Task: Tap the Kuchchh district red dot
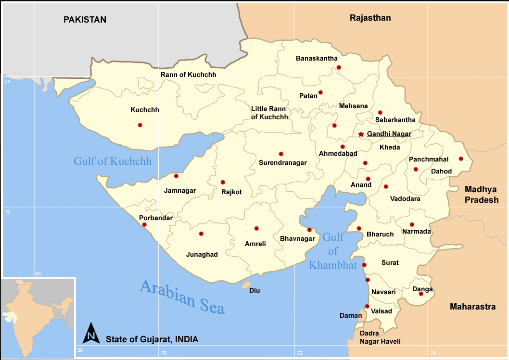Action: tap(140, 125)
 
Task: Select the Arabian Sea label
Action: tap(182, 297)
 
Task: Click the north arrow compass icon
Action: tap(91, 333)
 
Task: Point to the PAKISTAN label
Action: tap(85, 20)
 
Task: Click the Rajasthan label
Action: tap(370, 18)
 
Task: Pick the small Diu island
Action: tap(246, 285)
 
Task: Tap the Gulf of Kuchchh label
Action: tap(113, 161)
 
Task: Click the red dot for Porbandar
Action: tap(144, 224)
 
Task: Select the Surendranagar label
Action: tap(283, 162)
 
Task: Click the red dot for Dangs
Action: tap(421, 294)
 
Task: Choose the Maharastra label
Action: tap(472, 307)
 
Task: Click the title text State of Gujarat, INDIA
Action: tap(152, 339)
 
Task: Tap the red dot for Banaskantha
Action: tap(339, 67)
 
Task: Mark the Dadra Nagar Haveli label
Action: tap(380, 337)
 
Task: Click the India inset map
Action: tap(38, 318)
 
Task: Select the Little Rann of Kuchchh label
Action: tap(269, 113)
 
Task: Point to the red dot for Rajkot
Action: tap(223, 182)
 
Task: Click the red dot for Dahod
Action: tap(461, 159)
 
